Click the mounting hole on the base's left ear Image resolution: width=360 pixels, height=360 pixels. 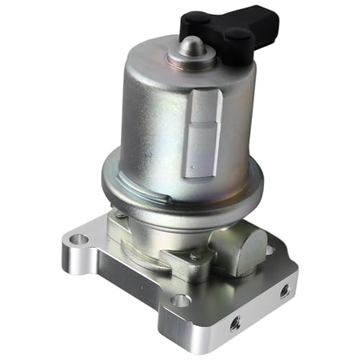[82, 238]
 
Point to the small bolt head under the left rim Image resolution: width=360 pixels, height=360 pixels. [117, 213]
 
